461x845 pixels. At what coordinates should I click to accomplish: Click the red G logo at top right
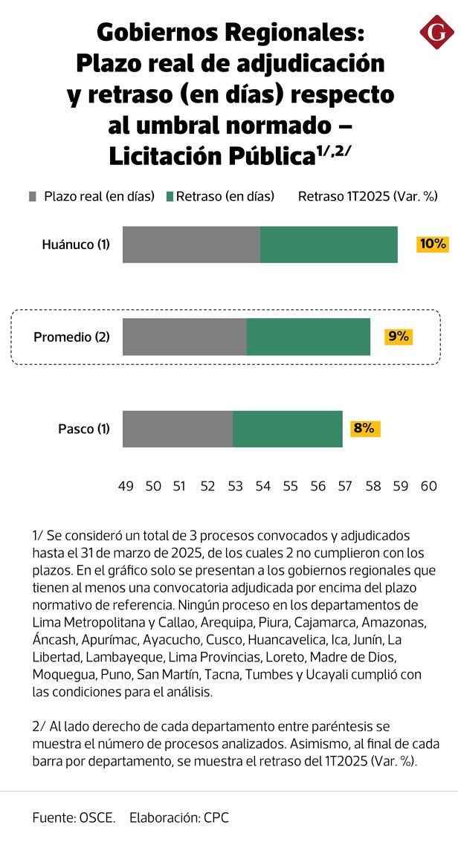click(x=436, y=33)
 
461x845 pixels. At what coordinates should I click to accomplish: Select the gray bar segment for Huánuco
click(x=191, y=245)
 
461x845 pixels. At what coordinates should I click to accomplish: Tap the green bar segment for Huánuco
click(x=329, y=245)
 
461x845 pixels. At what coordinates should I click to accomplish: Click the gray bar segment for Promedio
click(x=184, y=337)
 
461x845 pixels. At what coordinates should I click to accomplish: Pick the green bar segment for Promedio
click(x=309, y=337)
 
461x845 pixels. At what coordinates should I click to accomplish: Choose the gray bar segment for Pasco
click(x=178, y=429)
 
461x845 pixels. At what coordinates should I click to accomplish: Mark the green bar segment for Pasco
click(x=288, y=429)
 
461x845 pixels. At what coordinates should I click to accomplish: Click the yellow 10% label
click(x=432, y=244)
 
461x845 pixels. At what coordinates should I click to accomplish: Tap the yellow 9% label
click(x=398, y=336)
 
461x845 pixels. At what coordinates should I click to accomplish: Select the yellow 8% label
click(x=364, y=428)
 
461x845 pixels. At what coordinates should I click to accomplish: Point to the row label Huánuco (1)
click(x=76, y=245)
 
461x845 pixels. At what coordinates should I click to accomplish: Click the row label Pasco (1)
click(x=84, y=429)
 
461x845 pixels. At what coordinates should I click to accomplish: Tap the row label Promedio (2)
click(x=71, y=337)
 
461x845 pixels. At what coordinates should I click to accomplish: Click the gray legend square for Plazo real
click(x=32, y=196)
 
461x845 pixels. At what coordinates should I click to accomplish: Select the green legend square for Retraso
click(x=170, y=196)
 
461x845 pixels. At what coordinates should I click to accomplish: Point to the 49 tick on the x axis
click(x=126, y=486)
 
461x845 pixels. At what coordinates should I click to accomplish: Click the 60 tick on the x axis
click(x=428, y=486)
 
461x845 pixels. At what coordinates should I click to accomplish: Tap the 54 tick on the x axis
click(x=263, y=486)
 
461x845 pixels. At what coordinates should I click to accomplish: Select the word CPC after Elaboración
click(x=216, y=818)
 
